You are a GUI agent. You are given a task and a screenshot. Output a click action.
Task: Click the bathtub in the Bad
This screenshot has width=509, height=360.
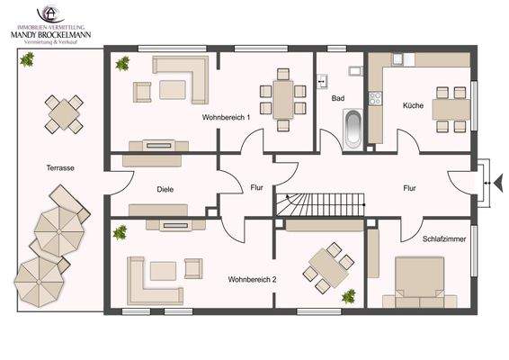tap(353, 130)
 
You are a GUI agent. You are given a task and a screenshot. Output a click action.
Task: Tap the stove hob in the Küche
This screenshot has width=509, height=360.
tap(375, 98)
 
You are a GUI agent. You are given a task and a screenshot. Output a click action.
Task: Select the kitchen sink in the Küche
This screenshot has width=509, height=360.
tap(397, 58)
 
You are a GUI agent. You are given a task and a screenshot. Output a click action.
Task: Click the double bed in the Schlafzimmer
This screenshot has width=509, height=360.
tap(420, 282)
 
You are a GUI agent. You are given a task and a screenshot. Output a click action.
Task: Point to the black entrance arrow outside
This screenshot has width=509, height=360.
tap(498, 183)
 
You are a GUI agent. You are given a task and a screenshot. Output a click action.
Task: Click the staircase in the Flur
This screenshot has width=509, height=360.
tap(320, 204)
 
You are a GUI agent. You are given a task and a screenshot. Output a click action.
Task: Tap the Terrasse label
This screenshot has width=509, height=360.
tap(60, 168)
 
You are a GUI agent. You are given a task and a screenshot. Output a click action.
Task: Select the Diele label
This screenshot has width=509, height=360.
tap(165, 189)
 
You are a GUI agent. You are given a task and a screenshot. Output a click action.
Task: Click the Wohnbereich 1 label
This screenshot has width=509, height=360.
tap(226, 117)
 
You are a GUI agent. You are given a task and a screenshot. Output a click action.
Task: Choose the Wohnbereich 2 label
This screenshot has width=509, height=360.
tap(252, 279)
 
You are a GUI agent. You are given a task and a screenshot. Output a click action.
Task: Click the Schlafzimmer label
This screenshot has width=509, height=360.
tap(444, 238)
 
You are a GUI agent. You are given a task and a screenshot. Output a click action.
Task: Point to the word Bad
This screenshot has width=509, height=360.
tap(338, 98)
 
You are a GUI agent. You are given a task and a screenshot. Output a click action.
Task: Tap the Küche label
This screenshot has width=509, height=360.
tap(413, 105)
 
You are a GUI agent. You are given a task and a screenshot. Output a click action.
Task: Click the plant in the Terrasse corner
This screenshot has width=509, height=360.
tap(27, 59)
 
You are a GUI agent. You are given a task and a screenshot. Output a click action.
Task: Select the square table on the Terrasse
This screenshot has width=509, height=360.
tap(64, 114)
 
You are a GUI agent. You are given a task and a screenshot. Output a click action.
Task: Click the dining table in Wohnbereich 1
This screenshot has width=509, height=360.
tap(283, 99)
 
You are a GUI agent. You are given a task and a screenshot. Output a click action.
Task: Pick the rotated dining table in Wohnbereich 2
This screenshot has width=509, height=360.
tap(328, 267)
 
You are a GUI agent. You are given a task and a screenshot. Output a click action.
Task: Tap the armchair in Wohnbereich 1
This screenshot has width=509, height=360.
tap(142, 93)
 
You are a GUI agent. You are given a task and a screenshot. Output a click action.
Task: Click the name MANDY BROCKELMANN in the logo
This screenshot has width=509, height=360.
tap(50, 35)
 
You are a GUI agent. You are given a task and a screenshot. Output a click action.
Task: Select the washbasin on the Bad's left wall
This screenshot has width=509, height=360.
tap(322, 81)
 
